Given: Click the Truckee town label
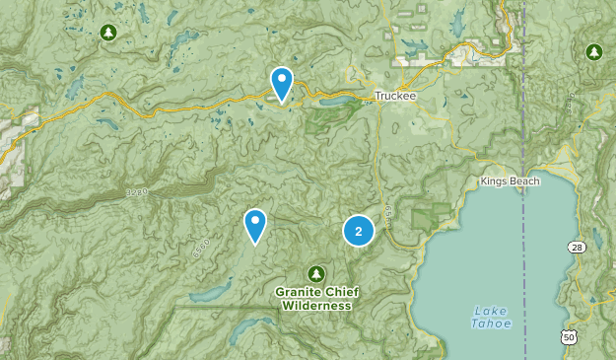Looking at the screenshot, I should [394, 96].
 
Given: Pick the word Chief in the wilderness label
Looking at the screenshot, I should [340, 292].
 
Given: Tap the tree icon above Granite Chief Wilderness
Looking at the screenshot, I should [316, 272].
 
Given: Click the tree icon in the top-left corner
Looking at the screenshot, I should [107, 33].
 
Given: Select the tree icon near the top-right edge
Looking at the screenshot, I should [593, 50].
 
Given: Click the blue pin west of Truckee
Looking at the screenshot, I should [282, 83].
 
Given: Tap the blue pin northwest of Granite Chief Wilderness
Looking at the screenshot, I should [256, 225].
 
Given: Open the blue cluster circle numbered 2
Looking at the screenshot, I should [359, 231].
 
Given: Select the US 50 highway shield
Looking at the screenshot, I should [568, 338].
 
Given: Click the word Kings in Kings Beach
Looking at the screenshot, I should [495, 181].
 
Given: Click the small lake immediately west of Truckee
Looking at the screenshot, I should [333, 101].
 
